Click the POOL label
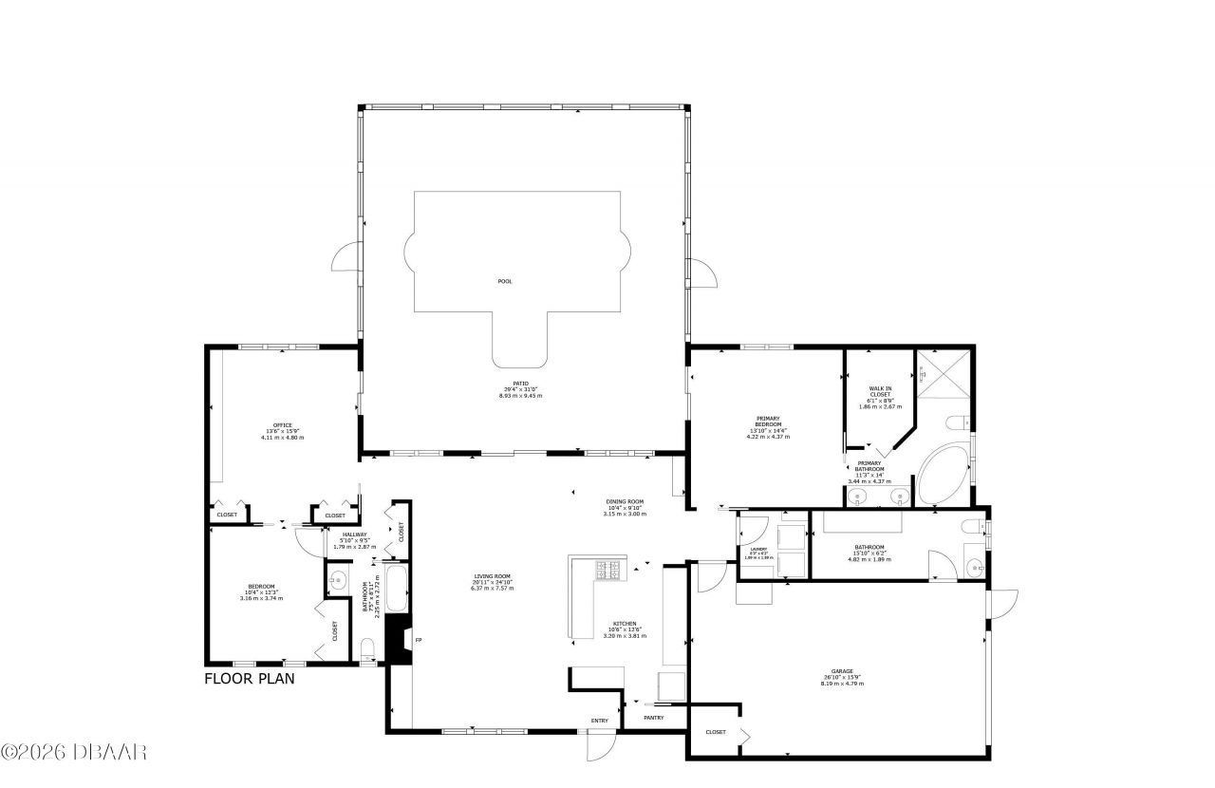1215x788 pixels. [x=505, y=281]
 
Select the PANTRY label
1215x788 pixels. [x=653, y=718]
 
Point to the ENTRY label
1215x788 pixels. [x=599, y=721]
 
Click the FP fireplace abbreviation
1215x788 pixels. [x=419, y=641]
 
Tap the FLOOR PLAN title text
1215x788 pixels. [x=250, y=679]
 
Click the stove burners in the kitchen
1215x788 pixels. [x=607, y=570]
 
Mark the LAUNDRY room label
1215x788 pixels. [x=758, y=550]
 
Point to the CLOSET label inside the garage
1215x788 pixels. [x=716, y=732]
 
